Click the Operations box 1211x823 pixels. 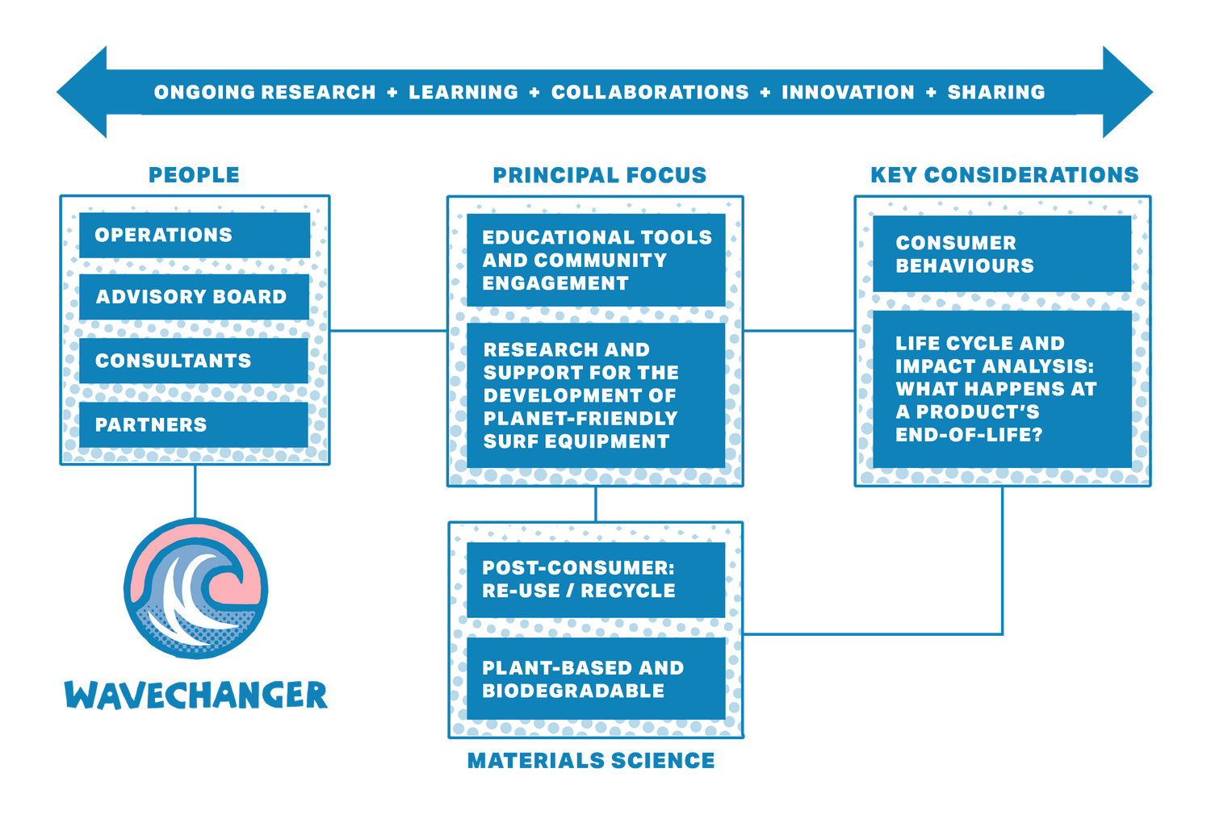(195, 235)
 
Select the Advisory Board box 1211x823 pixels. (194, 297)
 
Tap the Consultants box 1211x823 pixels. (194, 361)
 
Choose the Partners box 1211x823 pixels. (194, 424)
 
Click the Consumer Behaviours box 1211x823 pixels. (1003, 254)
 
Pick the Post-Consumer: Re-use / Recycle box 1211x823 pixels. (596, 580)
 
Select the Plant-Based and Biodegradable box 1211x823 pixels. (596, 679)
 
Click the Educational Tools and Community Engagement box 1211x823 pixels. (596, 260)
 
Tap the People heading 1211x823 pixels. (194, 175)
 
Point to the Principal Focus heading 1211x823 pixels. (600, 175)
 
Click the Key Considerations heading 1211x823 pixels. (1004, 175)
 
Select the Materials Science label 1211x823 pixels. (591, 760)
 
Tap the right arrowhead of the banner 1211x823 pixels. (1128, 92)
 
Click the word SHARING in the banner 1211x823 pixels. (996, 93)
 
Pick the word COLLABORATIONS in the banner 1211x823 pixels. (650, 93)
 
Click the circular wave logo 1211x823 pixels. (195, 588)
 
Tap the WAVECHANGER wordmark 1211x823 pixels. (195, 695)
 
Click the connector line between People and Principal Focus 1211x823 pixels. (388, 330)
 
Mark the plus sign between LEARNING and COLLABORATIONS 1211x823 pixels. (534, 93)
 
